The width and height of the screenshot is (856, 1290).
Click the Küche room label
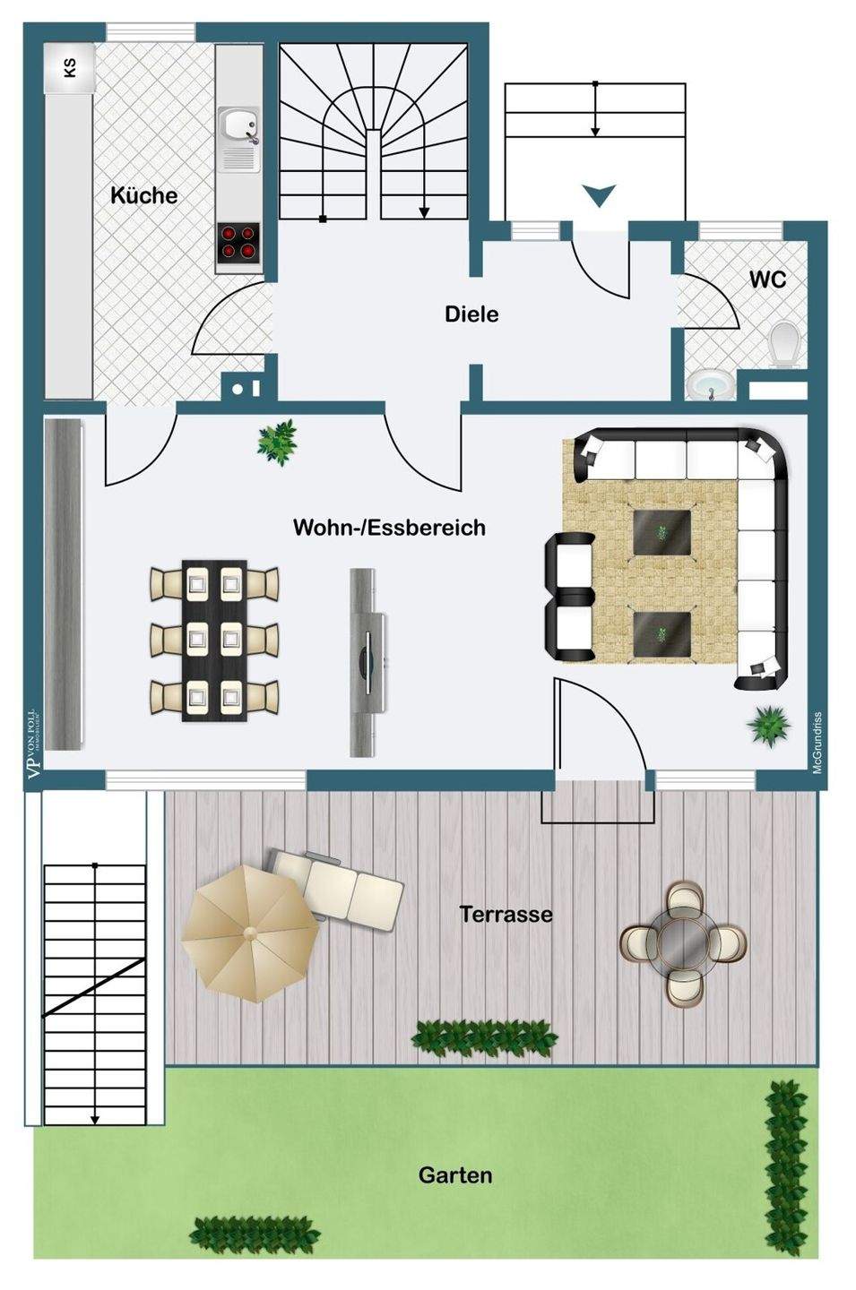pyautogui.click(x=143, y=195)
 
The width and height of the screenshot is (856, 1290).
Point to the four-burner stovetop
pyautogui.click(x=238, y=243)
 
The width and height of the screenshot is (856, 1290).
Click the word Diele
pyautogui.click(x=471, y=314)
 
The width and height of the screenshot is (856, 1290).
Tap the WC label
pyautogui.click(x=768, y=279)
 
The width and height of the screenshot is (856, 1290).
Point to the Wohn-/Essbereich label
pyautogui.click(x=389, y=527)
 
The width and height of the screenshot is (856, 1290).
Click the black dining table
pyautogui.click(x=214, y=640)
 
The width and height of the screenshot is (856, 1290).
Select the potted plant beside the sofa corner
pyautogui.click(x=770, y=722)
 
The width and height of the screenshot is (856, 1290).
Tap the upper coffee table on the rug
pyautogui.click(x=661, y=533)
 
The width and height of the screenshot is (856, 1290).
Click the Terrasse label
pyautogui.click(x=506, y=915)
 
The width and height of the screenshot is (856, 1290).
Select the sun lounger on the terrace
pyautogui.click(x=342, y=888)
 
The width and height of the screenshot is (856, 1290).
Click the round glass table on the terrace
pyautogui.click(x=683, y=940)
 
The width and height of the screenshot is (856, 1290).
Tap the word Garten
pyautogui.click(x=455, y=1174)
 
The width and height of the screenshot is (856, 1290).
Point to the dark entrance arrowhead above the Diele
pyautogui.click(x=598, y=193)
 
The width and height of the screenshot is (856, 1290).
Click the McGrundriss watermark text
pyautogui.click(x=817, y=743)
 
